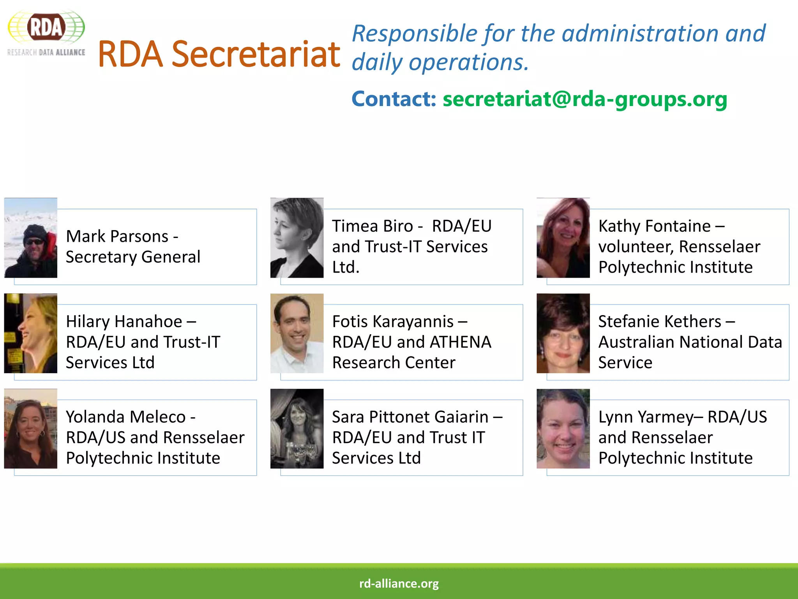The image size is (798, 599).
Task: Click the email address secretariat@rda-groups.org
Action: point(584,99)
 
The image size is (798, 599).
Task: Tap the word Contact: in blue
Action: point(394,99)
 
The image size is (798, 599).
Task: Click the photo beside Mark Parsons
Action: point(31,238)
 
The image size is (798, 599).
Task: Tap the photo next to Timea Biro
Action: point(297,238)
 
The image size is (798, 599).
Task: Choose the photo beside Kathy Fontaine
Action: point(563,238)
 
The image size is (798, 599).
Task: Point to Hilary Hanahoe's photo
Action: point(31,333)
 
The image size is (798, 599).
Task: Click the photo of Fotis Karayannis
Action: point(297,333)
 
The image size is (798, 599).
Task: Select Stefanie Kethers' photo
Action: point(563,333)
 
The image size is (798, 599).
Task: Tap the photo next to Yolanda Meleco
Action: point(31,429)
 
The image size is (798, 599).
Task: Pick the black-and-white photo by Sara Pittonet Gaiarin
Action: point(297,429)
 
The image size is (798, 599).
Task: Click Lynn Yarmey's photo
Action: point(563,429)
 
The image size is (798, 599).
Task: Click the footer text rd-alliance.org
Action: point(399,583)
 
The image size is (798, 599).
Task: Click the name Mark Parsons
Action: point(117,236)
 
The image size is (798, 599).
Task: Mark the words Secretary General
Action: point(133,257)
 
